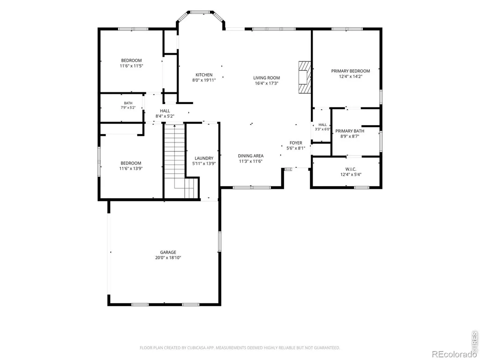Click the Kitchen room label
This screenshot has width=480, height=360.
click(204, 75)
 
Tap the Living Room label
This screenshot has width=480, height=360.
click(266, 78)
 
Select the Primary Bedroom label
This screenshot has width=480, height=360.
click(351, 71)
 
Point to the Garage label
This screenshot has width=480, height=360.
click(168, 252)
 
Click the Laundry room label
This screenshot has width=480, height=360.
click(204, 158)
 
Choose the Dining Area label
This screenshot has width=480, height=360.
click(251, 156)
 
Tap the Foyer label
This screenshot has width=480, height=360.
click(296, 143)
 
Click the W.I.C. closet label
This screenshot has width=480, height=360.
click(351, 169)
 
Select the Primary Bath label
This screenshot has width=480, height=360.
click(350, 131)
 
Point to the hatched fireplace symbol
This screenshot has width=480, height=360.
click(305, 77)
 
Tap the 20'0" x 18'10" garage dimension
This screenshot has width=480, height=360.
click(168, 258)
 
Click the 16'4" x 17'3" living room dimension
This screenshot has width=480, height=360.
click(266, 83)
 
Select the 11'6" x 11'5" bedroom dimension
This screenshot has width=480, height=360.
click(131, 66)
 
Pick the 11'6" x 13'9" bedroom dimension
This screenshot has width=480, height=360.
click(131, 168)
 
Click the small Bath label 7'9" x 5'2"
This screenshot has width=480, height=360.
click(128, 105)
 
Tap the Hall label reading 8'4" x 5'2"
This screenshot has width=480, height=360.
click(165, 113)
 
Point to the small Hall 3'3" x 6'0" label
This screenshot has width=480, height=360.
click(322, 127)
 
